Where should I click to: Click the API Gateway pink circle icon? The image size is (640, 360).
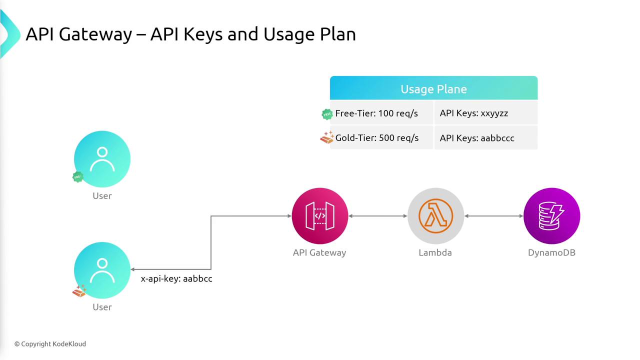[x=320, y=216]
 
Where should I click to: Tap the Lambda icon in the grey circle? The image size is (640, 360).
[x=435, y=216]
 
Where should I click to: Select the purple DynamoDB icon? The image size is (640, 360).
[x=551, y=216]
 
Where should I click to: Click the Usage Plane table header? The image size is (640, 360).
[x=433, y=88]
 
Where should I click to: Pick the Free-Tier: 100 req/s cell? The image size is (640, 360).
[x=381, y=113]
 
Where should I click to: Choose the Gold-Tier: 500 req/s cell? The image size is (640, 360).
[x=381, y=137]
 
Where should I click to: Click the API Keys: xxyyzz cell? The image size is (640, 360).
[x=486, y=113]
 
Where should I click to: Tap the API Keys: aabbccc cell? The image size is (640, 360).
[x=486, y=137]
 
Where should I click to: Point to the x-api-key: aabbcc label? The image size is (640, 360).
[x=176, y=278]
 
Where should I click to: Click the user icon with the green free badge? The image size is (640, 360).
[x=102, y=159]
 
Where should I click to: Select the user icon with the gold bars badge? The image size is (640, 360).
[x=102, y=270]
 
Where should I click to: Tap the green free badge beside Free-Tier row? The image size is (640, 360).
[x=327, y=114]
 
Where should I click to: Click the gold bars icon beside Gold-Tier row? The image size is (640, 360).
[x=327, y=137]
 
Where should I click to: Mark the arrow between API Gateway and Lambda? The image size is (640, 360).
[x=377, y=216]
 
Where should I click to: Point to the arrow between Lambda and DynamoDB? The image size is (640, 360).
[x=493, y=216]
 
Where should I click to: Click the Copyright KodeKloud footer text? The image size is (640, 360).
[x=50, y=344]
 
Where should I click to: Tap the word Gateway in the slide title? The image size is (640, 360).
[x=95, y=34]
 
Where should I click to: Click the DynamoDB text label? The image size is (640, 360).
[x=551, y=252]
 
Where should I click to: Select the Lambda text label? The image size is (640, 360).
[x=435, y=252]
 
